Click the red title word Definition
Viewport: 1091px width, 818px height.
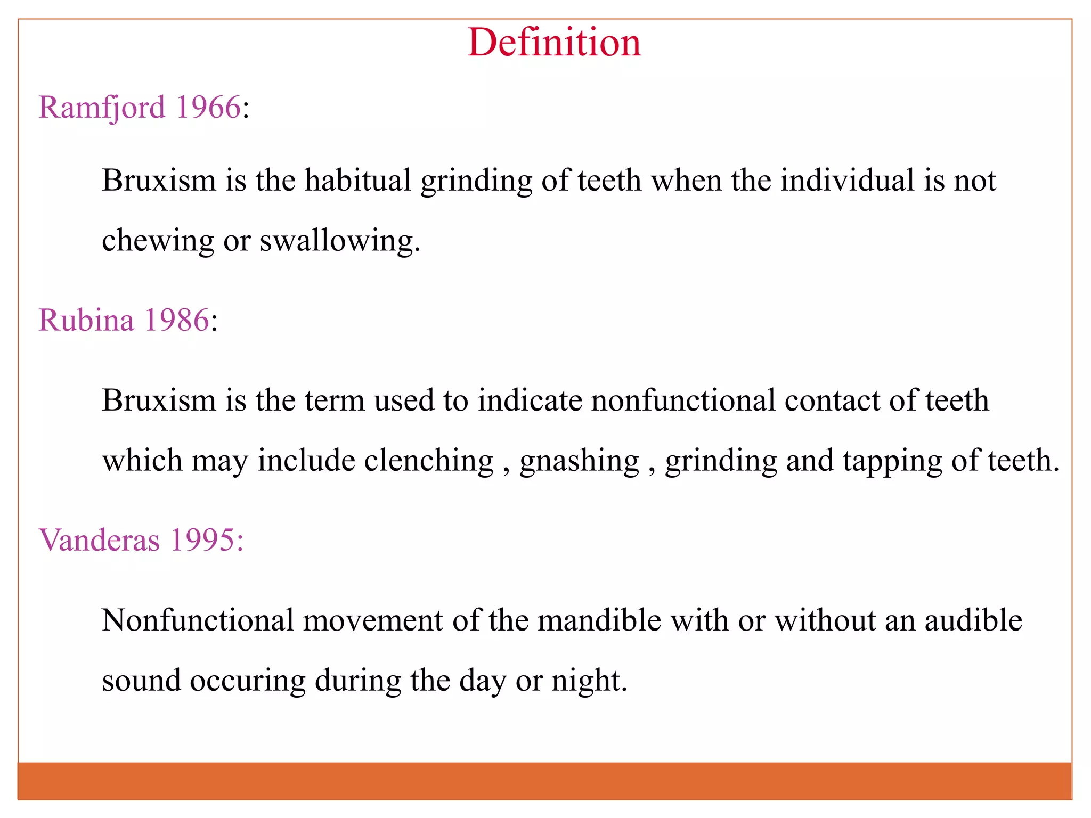click(554, 43)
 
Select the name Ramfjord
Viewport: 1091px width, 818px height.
click(102, 108)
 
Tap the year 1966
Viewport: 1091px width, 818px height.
click(208, 108)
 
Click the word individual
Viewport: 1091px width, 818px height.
click(847, 181)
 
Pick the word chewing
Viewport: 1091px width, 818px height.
click(158, 241)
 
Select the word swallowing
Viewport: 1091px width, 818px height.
click(339, 241)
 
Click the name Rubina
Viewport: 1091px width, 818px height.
click(86, 321)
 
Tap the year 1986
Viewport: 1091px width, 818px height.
click(177, 321)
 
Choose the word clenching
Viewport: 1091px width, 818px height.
click(429, 461)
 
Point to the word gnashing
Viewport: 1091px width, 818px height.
click(579, 462)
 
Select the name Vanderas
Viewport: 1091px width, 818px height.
click(99, 541)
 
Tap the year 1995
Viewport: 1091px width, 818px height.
click(202, 541)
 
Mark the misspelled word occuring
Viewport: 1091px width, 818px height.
click(248, 682)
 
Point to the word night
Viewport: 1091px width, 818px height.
click(589, 682)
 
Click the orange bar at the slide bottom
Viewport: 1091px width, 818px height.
click(544, 781)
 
